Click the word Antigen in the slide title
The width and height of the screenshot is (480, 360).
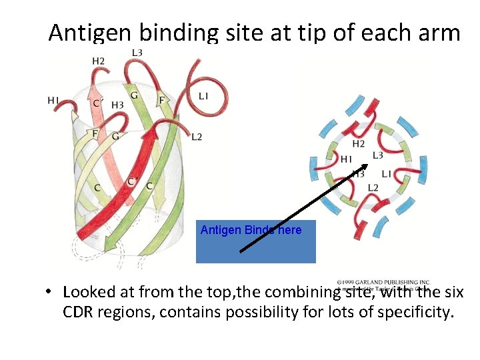click(x=85, y=33)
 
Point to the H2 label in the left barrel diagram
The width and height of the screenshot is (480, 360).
click(x=98, y=61)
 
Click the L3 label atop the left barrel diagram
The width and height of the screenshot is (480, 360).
click(x=137, y=53)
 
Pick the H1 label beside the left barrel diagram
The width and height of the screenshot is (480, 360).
click(x=53, y=100)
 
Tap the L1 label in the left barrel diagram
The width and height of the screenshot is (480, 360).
click(x=203, y=96)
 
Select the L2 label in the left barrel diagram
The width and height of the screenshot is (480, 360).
click(x=196, y=137)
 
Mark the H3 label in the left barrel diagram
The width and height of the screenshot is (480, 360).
click(x=117, y=105)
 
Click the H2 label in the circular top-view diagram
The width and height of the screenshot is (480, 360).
click(x=358, y=144)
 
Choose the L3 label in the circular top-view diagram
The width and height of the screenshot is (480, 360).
click(x=377, y=155)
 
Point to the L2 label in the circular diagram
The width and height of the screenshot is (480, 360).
click(x=373, y=187)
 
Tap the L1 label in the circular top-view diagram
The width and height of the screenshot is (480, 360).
click(x=387, y=173)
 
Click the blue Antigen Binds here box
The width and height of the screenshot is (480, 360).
click(x=255, y=241)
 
